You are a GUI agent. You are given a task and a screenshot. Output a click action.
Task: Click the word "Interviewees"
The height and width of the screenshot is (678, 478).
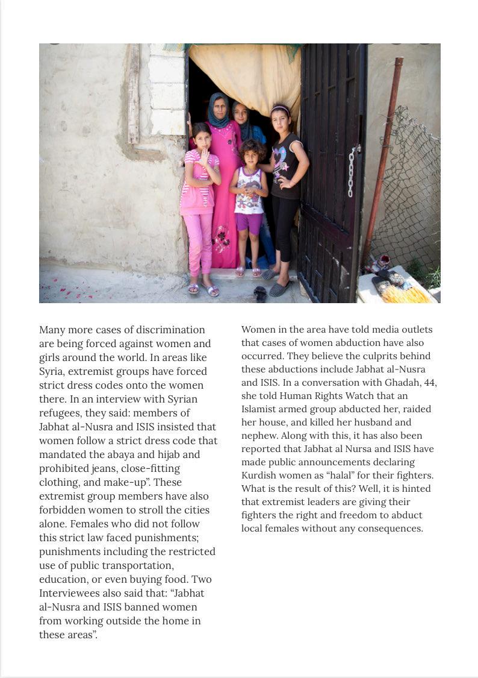68,593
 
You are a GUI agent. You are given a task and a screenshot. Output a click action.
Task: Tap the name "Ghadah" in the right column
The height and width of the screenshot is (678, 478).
403,382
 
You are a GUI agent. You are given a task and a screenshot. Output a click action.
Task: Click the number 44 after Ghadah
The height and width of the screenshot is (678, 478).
430,382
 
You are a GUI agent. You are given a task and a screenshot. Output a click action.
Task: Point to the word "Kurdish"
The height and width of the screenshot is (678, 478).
259,475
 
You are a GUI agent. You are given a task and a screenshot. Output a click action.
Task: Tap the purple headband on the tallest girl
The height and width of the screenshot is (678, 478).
280,109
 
